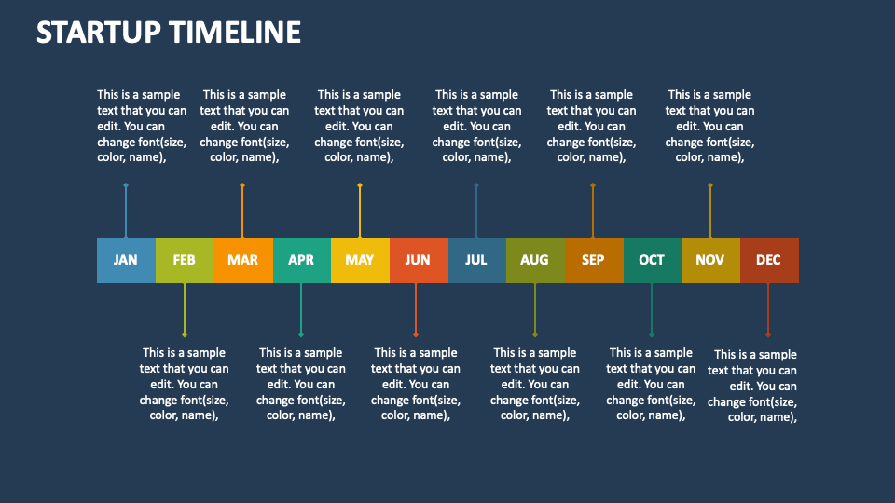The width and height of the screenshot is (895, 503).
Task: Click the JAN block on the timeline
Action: (126, 260)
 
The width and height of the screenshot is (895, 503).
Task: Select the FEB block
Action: (185, 260)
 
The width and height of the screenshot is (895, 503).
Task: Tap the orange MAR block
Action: (242, 260)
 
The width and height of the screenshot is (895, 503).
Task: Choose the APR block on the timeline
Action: (301, 260)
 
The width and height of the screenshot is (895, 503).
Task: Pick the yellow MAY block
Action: (360, 260)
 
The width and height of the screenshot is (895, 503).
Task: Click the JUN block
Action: (418, 260)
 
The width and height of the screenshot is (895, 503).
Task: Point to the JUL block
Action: (476, 260)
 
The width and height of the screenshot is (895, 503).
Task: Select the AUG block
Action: (534, 260)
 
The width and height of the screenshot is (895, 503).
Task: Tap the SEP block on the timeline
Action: (593, 260)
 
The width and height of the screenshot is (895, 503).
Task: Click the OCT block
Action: (652, 260)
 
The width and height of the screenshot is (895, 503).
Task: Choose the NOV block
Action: (709, 260)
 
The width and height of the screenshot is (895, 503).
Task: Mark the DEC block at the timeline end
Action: (768, 260)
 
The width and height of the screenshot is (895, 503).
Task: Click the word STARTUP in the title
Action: (99, 33)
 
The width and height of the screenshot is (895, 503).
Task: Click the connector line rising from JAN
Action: (126, 211)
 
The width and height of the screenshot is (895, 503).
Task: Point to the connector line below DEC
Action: (768, 308)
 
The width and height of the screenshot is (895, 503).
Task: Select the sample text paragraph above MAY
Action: (359, 126)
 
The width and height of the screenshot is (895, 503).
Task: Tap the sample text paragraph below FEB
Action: (185, 384)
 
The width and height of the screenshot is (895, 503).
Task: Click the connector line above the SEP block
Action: (593, 211)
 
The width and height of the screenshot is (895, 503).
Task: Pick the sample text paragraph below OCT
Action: (651, 384)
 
